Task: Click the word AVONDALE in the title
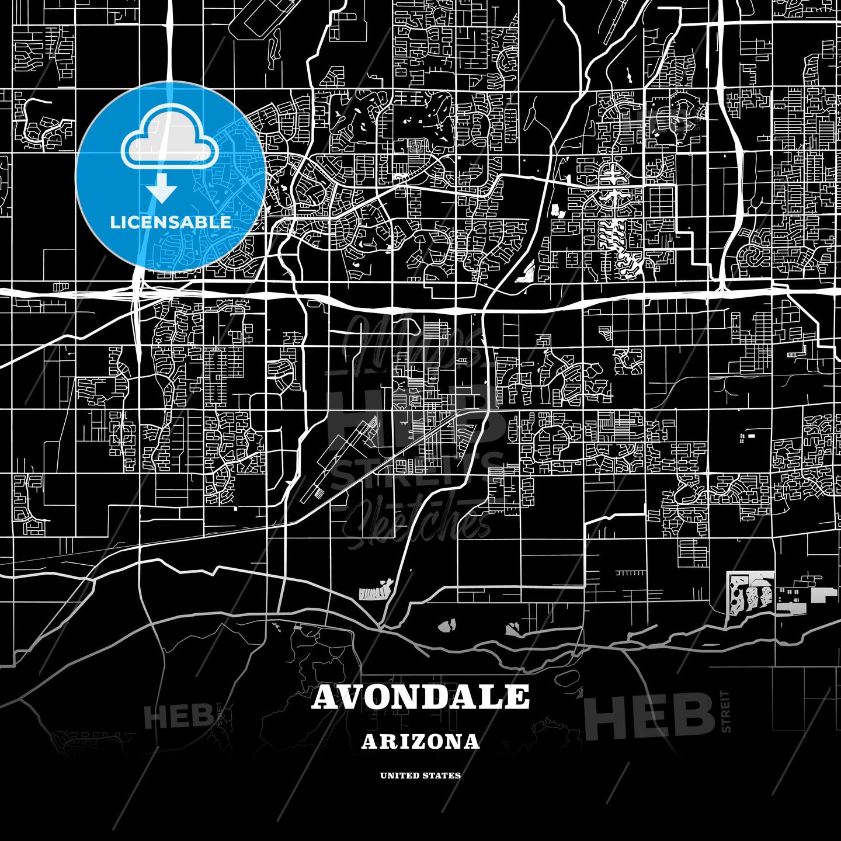[420, 697]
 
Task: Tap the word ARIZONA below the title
[420, 742]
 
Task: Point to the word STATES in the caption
[443, 776]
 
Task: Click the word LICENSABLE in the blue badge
[171, 222]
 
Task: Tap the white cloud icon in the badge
[169, 144]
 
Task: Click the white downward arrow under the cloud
[162, 190]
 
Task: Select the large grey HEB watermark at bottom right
[649, 716]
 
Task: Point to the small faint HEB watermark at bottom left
[179, 716]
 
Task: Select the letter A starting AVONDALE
[326, 697]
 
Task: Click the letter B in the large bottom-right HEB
[694, 716]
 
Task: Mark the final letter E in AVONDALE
[517, 697]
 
